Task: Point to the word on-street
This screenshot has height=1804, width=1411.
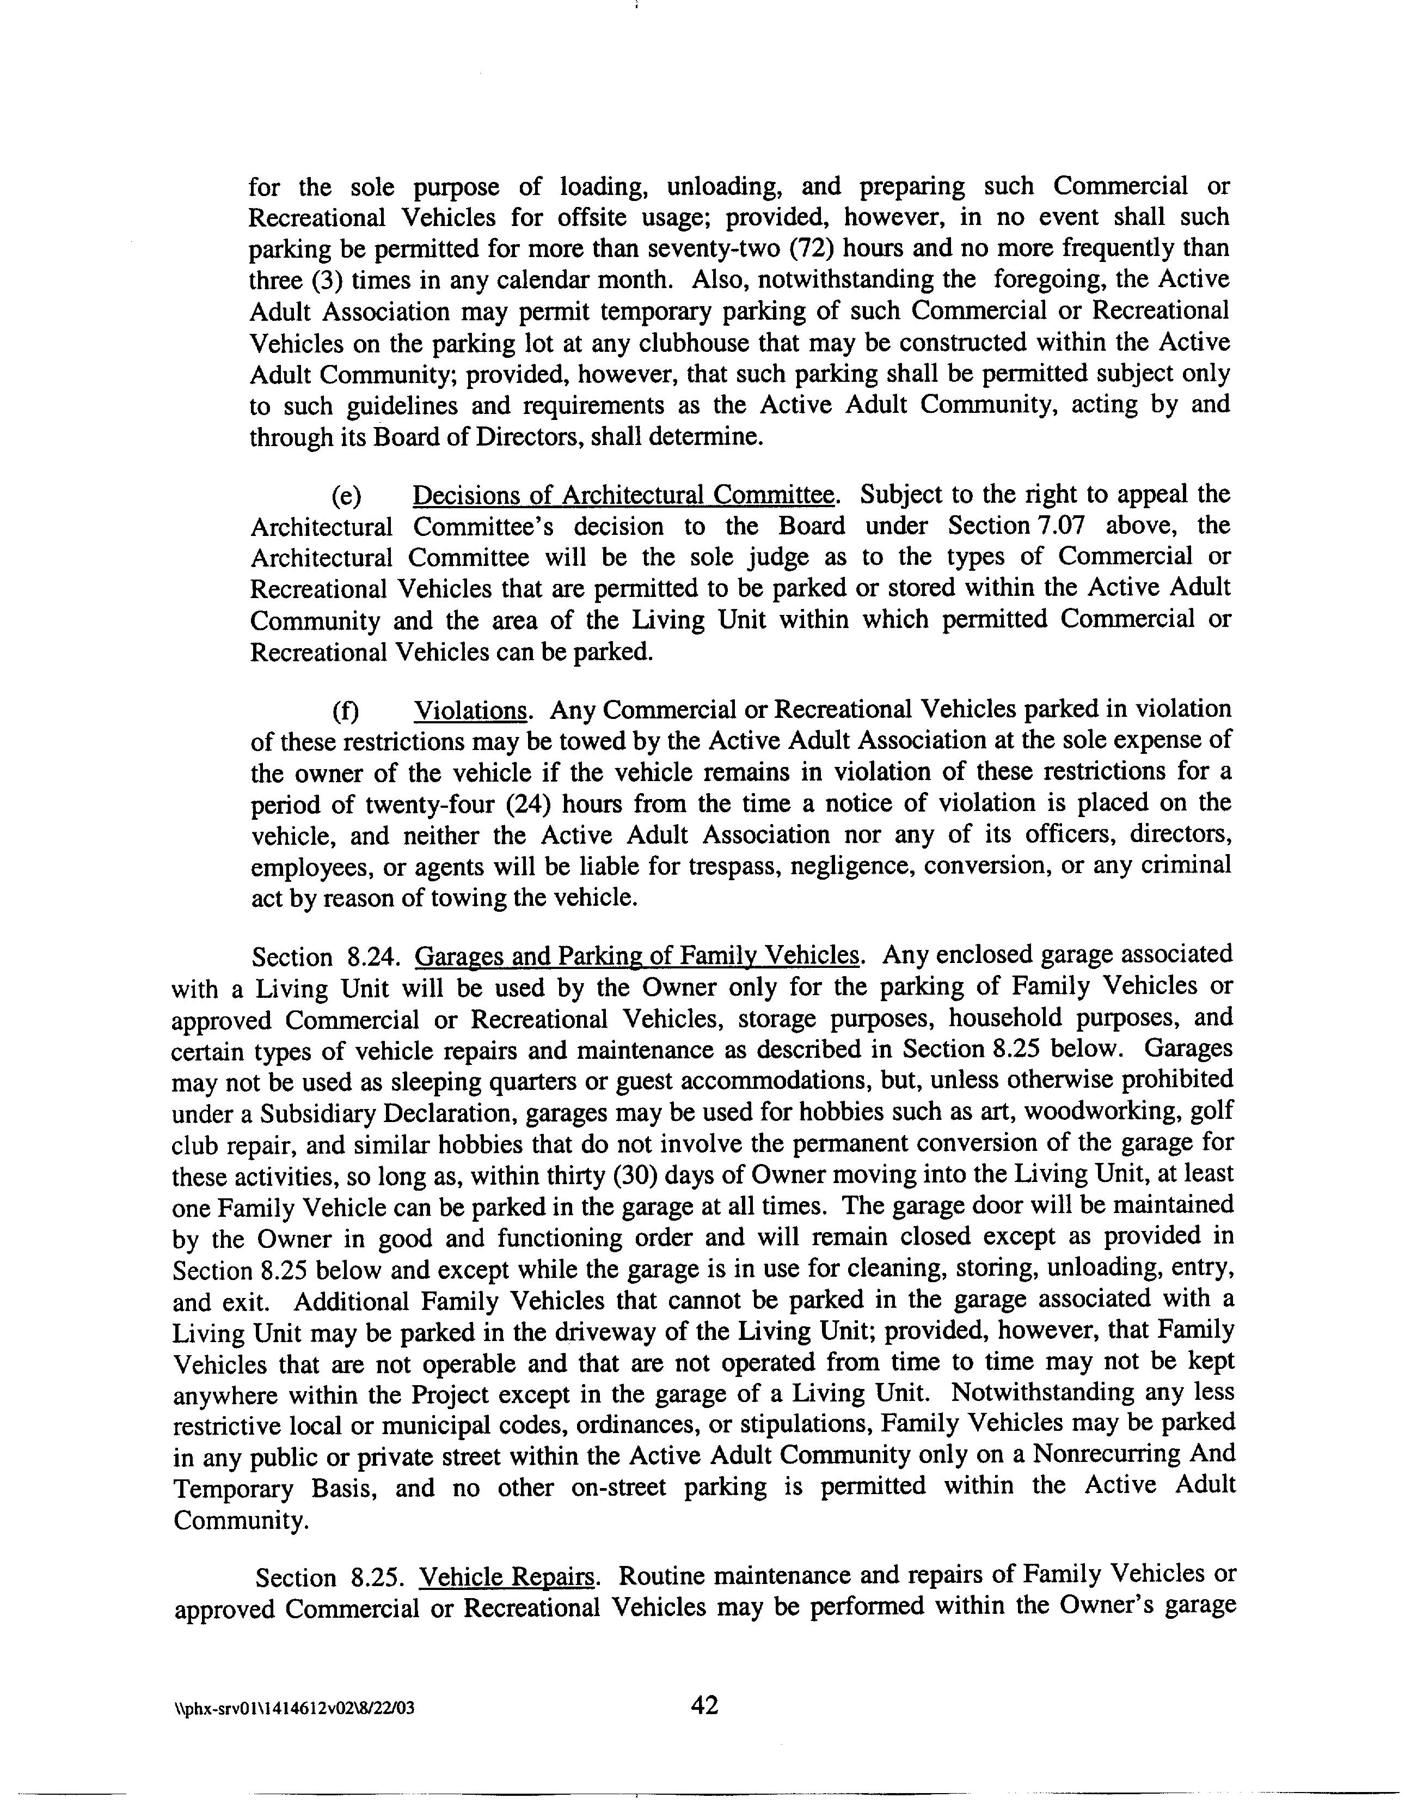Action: coord(619,1486)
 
